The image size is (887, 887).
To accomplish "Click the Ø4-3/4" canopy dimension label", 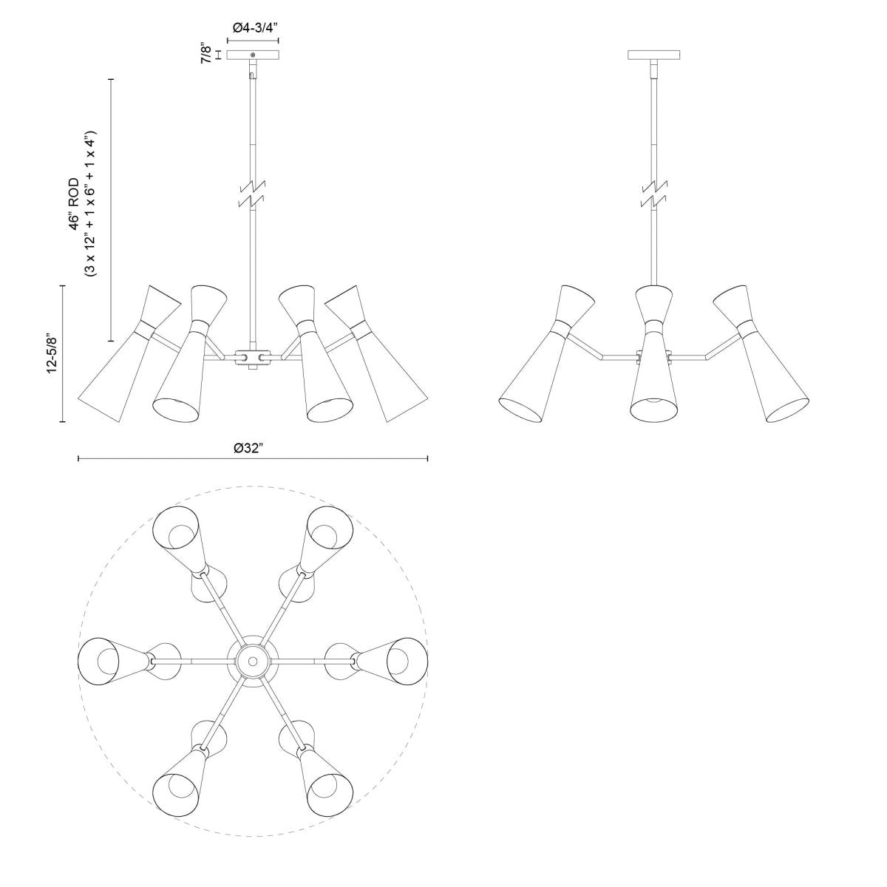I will (254, 27).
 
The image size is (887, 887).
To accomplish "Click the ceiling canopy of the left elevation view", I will (253, 55).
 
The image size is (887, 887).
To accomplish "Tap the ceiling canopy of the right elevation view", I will (653, 55).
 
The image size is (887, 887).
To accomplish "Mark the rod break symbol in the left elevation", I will (253, 194).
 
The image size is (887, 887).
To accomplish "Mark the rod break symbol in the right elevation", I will (653, 194).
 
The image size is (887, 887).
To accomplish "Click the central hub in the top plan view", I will (253, 660).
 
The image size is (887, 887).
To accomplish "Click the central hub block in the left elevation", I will (253, 358).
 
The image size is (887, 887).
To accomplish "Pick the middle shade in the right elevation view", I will (653, 355).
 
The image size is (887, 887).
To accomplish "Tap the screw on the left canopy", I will (253, 55).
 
